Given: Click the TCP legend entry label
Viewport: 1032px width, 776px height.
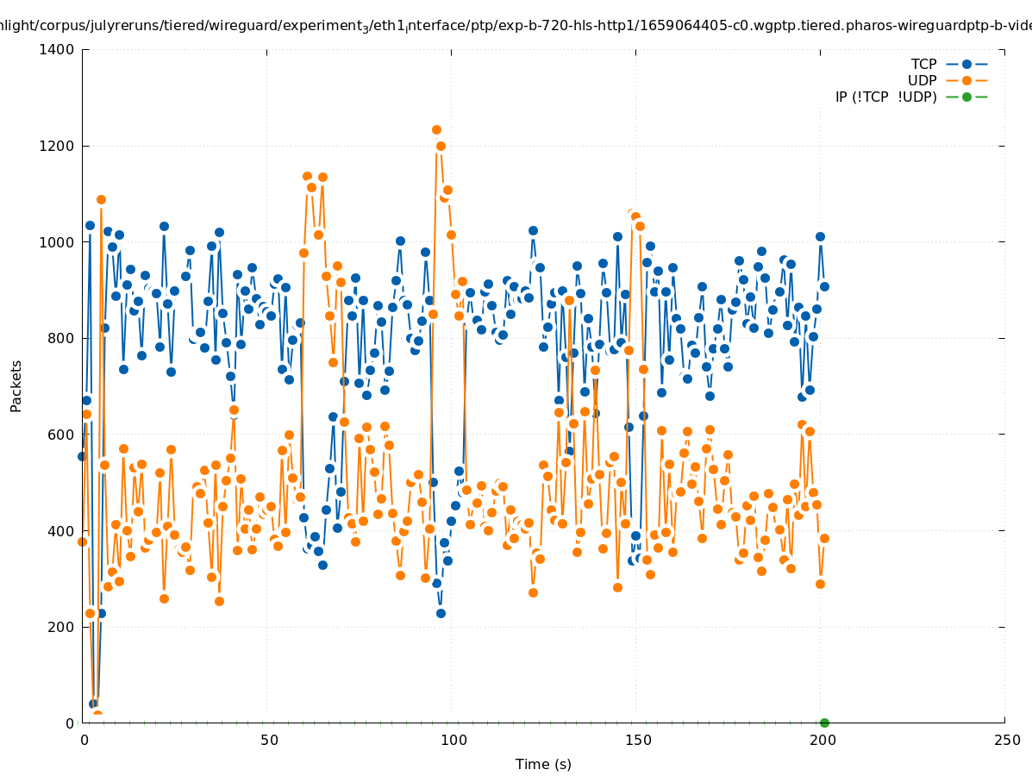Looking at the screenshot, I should tap(924, 65).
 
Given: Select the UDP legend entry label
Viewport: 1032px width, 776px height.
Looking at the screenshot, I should tap(922, 81).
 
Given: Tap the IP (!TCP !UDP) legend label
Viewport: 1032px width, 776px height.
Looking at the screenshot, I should tap(885, 97).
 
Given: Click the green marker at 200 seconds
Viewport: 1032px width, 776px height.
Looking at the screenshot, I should tap(824, 723).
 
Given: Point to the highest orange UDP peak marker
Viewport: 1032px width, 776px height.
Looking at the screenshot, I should tap(436, 130).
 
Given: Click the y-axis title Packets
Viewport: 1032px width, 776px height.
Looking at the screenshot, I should tap(16, 386).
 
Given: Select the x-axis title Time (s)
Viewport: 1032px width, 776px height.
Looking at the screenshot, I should tap(543, 764).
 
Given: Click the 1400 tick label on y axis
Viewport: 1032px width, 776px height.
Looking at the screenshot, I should tap(56, 50).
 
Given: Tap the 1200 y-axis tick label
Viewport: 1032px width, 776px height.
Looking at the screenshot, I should tap(56, 146).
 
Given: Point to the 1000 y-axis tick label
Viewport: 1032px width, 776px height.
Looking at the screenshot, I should tap(56, 242).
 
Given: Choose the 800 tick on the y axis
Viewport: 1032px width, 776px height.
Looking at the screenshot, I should tap(60, 338).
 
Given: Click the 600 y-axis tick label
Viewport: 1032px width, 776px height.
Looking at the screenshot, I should tap(60, 435).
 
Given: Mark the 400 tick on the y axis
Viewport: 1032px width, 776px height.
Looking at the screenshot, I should tap(60, 530).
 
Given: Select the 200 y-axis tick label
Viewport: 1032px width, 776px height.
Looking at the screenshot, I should tap(60, 627).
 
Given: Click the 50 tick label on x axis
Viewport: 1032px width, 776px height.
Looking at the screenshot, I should tap(269, 740).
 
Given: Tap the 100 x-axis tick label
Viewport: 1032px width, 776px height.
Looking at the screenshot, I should tap(453, 740).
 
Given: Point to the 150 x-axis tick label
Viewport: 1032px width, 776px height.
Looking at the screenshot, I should tap(637, 740).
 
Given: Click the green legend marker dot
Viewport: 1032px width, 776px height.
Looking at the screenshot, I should tap(966, 97).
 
